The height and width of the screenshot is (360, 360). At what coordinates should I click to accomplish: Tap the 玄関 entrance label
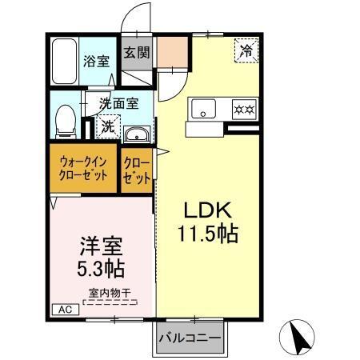(136, 54)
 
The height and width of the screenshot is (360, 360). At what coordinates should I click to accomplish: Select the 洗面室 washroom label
(118, 103)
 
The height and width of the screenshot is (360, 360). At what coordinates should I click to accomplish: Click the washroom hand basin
(138, 134)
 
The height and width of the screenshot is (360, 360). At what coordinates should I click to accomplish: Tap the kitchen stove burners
(243, 108)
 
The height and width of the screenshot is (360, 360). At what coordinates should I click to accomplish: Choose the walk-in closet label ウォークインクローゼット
(83, 168)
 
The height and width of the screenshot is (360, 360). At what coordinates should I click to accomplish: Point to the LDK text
(207, 211)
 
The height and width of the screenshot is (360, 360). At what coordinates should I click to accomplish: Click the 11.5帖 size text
(207, 236)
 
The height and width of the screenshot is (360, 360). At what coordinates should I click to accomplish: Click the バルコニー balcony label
(189, 338)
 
